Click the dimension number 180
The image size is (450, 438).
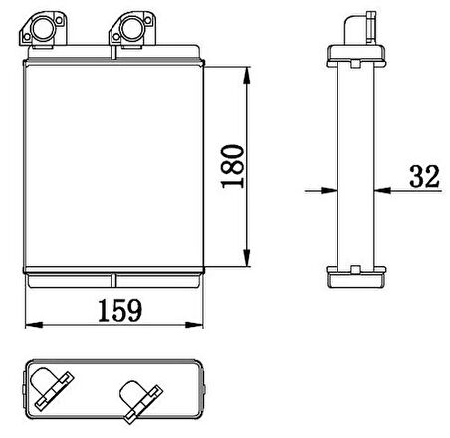233,166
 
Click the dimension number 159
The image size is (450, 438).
120,311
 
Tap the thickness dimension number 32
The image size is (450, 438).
424,176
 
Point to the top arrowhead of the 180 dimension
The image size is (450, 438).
247,75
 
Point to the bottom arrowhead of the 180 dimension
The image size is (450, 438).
247,258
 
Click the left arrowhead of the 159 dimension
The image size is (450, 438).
34,325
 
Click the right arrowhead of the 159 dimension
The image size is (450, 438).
194,325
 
